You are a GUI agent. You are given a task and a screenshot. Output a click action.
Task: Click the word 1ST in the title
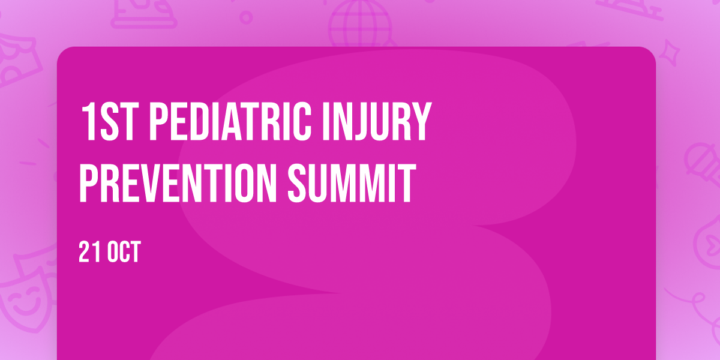tap(108, 122)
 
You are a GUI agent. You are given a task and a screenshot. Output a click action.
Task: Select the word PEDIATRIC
tap(230, 122)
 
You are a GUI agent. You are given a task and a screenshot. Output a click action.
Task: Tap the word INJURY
tap(377, 122)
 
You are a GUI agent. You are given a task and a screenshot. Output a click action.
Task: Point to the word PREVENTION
tap(178, 183)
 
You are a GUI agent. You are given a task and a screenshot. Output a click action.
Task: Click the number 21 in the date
tap(91, 252)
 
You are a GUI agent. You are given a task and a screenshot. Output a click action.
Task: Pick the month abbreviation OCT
tap(124, 252)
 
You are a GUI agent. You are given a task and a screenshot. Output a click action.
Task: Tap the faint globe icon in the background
tap(361, 23)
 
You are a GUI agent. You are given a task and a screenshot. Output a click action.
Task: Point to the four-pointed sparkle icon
tap(670, 53)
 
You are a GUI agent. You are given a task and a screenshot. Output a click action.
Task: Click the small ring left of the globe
tap(246, 17)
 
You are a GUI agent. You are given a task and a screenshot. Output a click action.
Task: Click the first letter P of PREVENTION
tap(88, 183)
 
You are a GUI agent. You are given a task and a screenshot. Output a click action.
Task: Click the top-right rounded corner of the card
tap(652, 51)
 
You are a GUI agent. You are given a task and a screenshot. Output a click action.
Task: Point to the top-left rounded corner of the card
tap(61, 51)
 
